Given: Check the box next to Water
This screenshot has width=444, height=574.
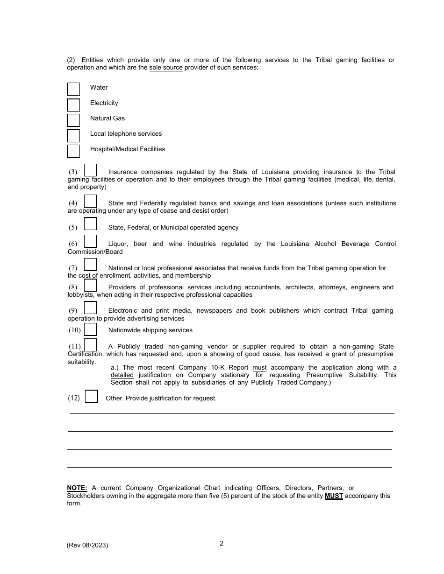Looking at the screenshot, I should tap(73, 89).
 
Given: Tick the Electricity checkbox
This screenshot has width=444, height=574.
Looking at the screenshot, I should tap(73, 105).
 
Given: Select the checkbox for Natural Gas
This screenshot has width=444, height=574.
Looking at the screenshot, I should tap(73, 120).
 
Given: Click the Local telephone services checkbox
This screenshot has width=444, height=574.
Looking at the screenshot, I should tap(73, 135).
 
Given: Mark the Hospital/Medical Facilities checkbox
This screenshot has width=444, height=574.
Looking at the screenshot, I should tap(73, 151).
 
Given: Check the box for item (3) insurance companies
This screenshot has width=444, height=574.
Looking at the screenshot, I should tap(91, 170).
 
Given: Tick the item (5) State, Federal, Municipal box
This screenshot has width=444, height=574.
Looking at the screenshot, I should tap(91, 224).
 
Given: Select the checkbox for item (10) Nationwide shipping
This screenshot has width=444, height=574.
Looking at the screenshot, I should tap(91, 329).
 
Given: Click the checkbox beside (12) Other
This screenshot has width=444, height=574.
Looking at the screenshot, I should tap(92, 396).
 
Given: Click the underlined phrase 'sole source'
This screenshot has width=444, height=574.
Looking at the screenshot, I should tap(166, 68).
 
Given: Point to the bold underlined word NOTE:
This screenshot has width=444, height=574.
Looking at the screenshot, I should tap(77, 488).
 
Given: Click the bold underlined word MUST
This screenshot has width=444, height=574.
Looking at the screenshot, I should tap(334, 496).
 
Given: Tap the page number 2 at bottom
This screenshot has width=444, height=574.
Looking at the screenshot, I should tap(222, 543).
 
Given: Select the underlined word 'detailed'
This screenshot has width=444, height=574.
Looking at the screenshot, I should tap(122, 375).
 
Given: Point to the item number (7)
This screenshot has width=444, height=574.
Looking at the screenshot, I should tap(73, 268).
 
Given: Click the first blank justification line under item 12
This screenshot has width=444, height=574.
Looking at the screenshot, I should tap(232, 413).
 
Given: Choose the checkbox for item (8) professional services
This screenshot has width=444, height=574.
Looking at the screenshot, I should tap(91, 285).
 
